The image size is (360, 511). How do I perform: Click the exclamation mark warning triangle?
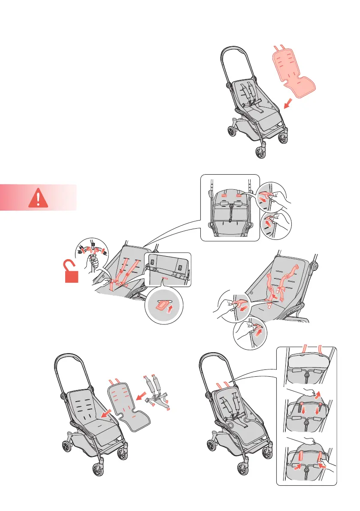39,199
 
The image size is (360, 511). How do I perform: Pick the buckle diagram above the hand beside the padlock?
92,249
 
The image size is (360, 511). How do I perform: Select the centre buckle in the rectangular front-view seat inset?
230,206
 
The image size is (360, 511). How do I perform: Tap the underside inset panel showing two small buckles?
168,271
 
